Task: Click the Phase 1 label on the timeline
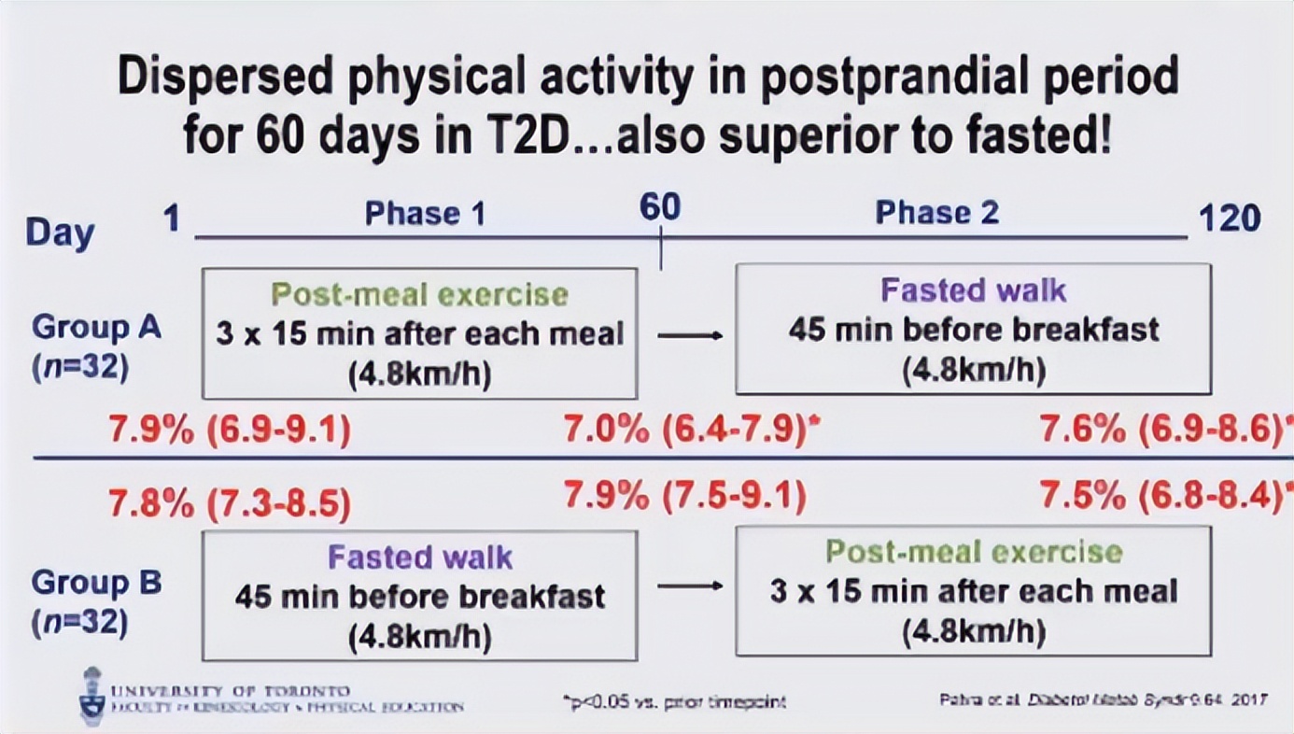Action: [x=425, y=214]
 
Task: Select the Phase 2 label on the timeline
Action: [x=936, y=213]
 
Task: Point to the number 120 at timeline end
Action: [x=1229, y=219]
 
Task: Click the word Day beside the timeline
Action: [x=60, y=232]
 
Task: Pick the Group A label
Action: [x=96, y=328]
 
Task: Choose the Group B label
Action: [x=96, y=583]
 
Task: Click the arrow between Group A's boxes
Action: [x=689, y=335]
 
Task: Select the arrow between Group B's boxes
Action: [x=689, y=586]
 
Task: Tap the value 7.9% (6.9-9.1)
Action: [x=230, y=431]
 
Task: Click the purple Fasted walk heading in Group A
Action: [x=973, y=290]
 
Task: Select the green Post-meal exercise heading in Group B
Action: [x=973, y=551]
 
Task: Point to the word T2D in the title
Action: [x=531, y=138]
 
